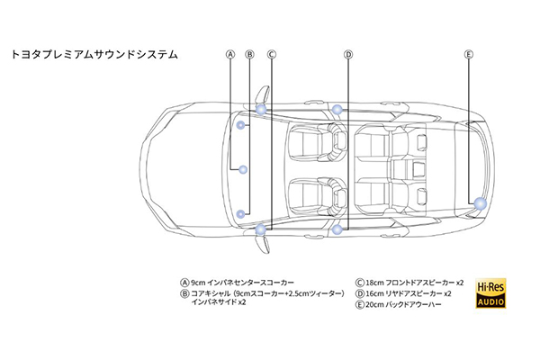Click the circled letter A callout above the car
point(231,55)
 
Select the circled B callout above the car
point(249,55)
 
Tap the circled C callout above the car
point(272,55)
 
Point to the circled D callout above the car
point(348,55)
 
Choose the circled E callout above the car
point(468,55)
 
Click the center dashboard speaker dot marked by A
point(243,169)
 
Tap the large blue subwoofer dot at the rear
point(480,204)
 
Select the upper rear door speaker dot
point(337,110)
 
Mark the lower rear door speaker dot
point(337,229)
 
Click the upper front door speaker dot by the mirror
point(260,108)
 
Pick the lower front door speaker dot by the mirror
point(260,230)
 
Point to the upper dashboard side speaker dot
point(242,125)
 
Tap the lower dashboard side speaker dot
point(242,213)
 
